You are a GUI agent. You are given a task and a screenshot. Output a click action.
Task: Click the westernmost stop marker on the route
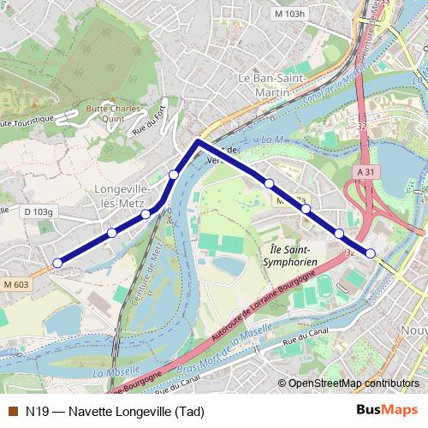click(57, 263)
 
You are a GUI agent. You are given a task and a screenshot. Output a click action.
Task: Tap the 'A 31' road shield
click(366, 172)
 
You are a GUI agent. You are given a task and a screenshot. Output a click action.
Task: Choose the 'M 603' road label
click(15, 284)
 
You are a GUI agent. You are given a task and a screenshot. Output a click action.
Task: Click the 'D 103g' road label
click(39, 211)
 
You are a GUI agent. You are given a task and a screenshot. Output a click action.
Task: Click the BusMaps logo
click(387, 410)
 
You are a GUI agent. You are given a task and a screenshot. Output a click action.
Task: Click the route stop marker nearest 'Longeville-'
click(146, 213)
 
